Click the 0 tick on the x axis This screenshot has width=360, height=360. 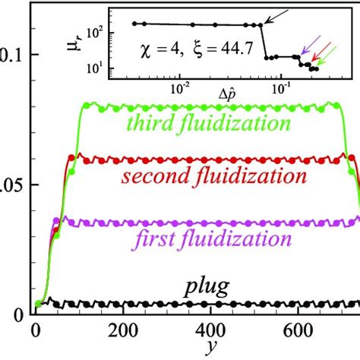[36, 332]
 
